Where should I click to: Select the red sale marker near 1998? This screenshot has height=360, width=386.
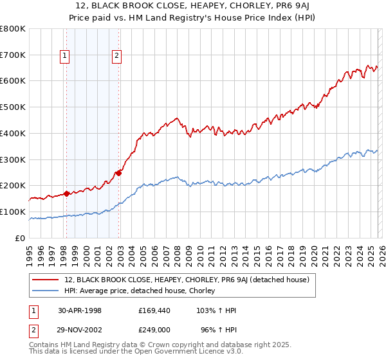click(67, 193)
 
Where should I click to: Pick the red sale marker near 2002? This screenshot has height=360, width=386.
click(119, 172)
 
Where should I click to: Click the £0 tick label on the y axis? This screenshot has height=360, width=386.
click(21, 238)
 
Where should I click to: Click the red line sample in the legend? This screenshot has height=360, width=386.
click(45, 280)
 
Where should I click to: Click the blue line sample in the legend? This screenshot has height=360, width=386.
click(45, 291)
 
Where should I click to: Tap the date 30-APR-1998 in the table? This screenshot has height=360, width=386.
click(80, 310)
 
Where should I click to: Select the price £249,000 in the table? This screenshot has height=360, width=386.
click(153, 330)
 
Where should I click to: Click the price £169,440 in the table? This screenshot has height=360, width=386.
click(153, 310)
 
